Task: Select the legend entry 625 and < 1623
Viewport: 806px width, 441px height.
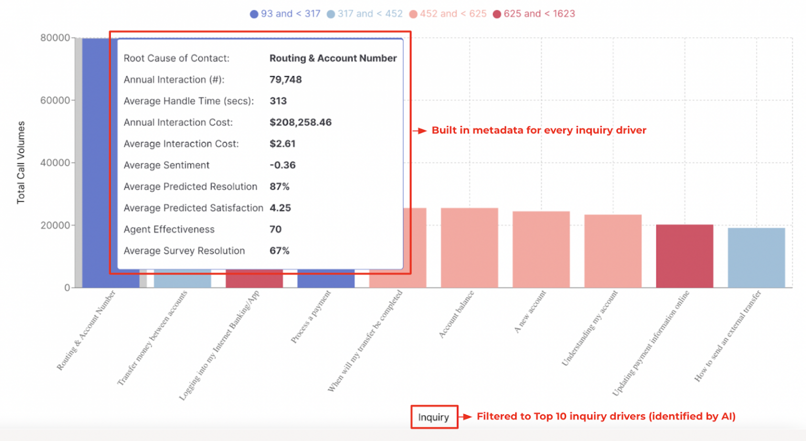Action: (534, 14)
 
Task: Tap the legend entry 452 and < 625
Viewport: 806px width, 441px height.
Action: (448, 14)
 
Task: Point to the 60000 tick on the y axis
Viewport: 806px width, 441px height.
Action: (55, 100)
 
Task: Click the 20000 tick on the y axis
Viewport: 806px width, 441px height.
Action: (55, 225)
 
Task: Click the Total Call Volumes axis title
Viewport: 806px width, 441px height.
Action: (21, 162)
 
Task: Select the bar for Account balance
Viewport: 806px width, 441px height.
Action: (469, 248)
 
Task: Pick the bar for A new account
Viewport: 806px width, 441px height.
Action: (541, 249)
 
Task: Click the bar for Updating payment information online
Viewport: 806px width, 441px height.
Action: (684, 256)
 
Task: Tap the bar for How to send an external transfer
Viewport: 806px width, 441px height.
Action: (756, 258)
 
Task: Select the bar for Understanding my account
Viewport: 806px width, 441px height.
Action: (613, 251)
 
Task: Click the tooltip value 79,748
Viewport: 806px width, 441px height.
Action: (285, 80)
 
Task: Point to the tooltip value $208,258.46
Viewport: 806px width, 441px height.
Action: (300, 122)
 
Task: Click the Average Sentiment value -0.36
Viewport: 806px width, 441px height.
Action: (282, 165)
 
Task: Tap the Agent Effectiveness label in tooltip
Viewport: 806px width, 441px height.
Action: (169, 229)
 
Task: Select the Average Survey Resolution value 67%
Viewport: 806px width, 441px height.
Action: (279, 251)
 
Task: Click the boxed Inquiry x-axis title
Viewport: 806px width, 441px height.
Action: (434, 417)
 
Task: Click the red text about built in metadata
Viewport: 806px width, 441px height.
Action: (539, 130)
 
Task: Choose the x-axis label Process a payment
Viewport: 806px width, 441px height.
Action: (311, 317)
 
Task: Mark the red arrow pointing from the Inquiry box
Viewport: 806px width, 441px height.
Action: (466, 417)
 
